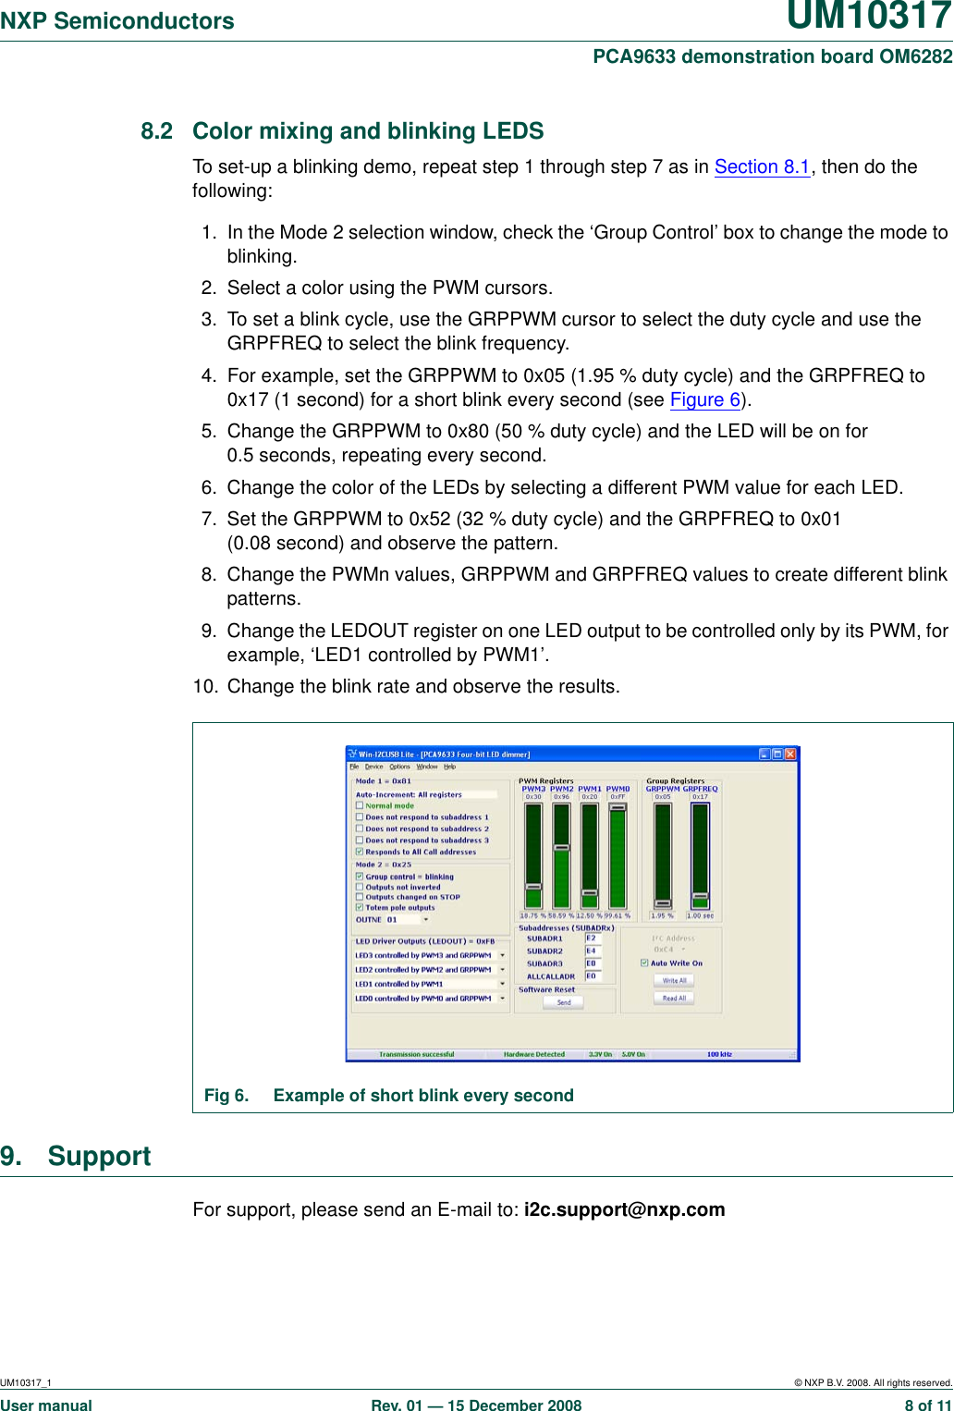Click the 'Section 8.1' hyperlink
(x=762, y=167)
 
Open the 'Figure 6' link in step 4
(x=705, y=400)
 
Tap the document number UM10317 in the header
(x=868, y=18)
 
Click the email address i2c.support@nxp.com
(x=624, y=1210)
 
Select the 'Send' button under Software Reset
(x=564, y=1002)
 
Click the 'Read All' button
(x=674, y=999)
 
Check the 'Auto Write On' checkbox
(x=644, y=963)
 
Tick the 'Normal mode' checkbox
(x=360, y=806)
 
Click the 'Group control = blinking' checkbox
(x=360, y=877)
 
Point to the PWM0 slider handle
(x=618, y=807)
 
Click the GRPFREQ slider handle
(x=700, y=897)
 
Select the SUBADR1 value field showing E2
(x=593, y=939)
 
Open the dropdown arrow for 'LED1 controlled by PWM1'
(x=503, y=985)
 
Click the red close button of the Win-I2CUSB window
(x=790, y=755)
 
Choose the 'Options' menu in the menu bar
(x=399, y=767)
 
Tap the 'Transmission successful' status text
(x=416, y=1054)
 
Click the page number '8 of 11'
(x=927, y=1405)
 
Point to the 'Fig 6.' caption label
(x=226, y=1096)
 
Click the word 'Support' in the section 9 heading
(x=99, y=1157)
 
